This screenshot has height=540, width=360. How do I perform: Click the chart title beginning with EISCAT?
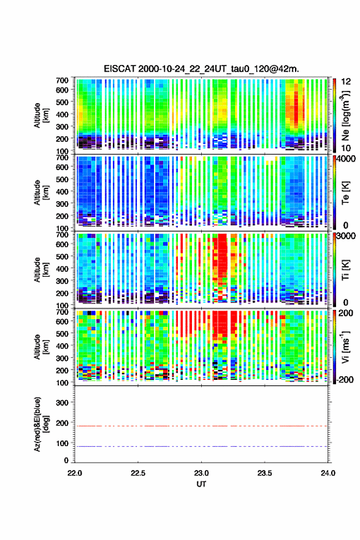pyautogui.click(x=201, y=69)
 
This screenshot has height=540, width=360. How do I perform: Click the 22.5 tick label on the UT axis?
pyautogui.click(x=137, y=473)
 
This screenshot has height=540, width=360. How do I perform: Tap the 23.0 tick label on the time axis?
pyautogui.click(x=201, y=473)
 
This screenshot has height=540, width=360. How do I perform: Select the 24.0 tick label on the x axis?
pyautogui.click(x=327, y=473)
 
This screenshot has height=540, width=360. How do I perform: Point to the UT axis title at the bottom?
pyautogui.click(x=201, y=484)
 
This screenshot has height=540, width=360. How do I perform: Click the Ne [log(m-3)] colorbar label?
pyautogui.click(x=345, y=116)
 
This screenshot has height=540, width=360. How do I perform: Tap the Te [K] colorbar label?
pyautogui.click(x=345, y=193)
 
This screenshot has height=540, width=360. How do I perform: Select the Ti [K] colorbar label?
pyautogui.click(x=345, y=270)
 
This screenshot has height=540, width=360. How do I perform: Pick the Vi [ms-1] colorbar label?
pyautogui.click(x=345, y=347)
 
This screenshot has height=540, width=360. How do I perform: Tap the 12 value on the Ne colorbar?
pyautogui.click(x=347, y=82)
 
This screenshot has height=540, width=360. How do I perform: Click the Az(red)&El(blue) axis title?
pyautogui.click(x=40, y=424)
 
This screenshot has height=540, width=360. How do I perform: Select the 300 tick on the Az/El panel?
pyautogui.click(x=62, y=403)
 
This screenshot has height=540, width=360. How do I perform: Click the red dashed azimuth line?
pyautogui.click(x=201, y=426)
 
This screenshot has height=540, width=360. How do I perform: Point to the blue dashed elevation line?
pyautogui.click(x=201, y=446)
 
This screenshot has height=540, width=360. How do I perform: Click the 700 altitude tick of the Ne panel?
pyautogui.click(x=62, y=80)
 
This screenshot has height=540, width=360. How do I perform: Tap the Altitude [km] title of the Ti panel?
pyautogui.click(x=40, y=270)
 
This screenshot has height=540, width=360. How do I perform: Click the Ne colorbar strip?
pyautogui.click(x=334, y=115)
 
